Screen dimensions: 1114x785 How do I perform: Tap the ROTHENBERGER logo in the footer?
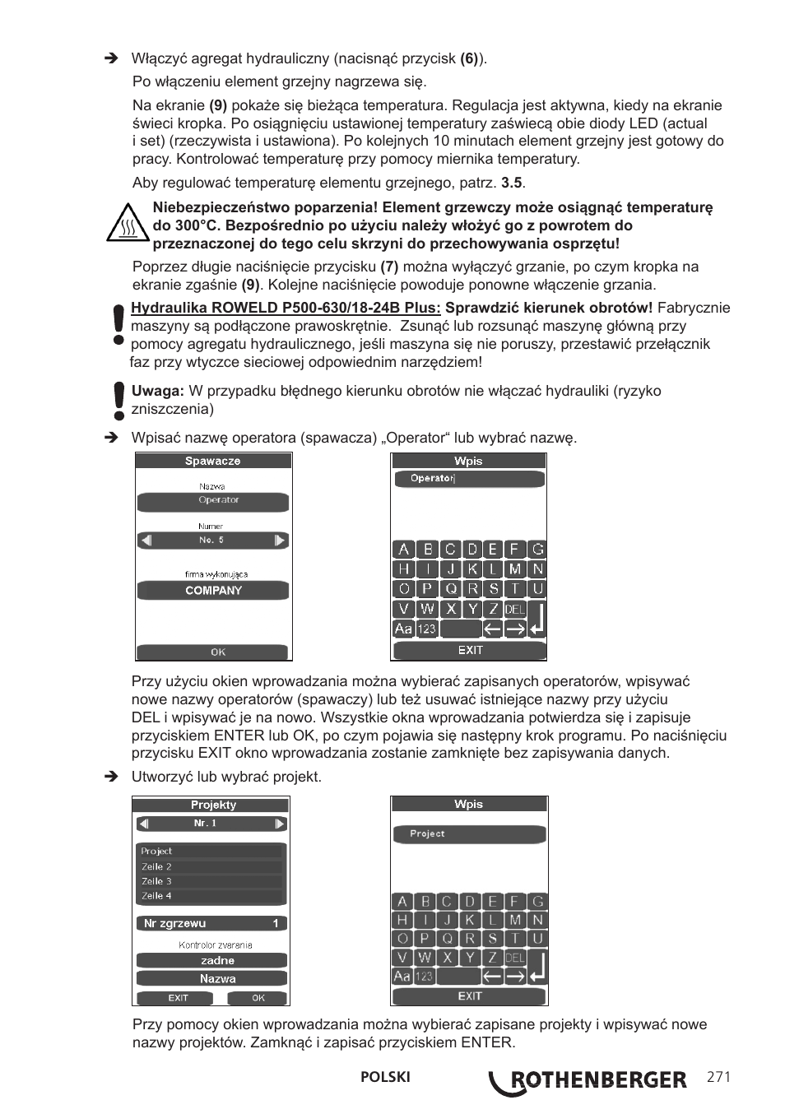[588, 1081]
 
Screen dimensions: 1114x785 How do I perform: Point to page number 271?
[718, 1078]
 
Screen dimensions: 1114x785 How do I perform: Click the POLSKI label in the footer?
[385, 1078]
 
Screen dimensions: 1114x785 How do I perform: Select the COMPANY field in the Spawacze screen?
[213, 591]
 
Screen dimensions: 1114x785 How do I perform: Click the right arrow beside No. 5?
[280, 541]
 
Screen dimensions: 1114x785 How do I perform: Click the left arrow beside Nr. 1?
[144, 824]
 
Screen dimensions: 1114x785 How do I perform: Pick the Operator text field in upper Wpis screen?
[469, 479]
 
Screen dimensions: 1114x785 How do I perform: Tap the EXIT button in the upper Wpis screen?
[469, 650]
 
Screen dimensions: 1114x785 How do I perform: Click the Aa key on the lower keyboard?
[402, 977]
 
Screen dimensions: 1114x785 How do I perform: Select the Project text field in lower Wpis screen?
[469, 834]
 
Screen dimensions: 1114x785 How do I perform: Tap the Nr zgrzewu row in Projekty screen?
[212, 923]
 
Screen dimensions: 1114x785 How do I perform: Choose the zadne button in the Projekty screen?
[212, 960]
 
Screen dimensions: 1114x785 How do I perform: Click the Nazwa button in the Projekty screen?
[212, 978]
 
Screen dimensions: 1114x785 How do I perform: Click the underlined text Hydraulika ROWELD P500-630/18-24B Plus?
[286, 309]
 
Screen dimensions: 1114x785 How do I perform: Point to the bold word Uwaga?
[157, 392]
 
